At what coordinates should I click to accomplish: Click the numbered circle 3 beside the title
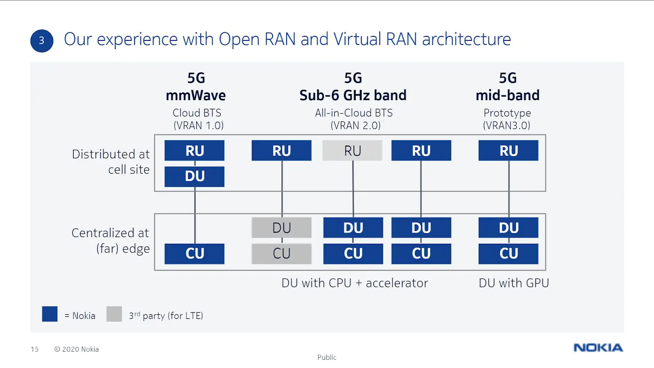pos(42,41)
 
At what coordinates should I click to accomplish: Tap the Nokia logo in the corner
pos(598,348)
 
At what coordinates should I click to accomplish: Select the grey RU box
pos(352,150)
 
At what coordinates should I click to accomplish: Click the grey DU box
pos(282,227)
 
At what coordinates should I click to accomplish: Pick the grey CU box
pos(282,254)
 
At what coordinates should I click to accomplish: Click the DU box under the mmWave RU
pos(195,176)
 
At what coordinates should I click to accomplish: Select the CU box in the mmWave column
pos(195,254)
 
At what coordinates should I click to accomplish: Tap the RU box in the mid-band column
pos(508,150)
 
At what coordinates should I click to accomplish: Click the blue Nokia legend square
pos(50,314)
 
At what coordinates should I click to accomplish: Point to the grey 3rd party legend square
pos(114,314)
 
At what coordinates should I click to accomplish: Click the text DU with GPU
pos(514,283)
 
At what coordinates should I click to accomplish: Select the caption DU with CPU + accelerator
pos(355,283)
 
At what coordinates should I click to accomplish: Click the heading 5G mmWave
pos(196,87)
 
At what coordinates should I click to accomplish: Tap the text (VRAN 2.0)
pos(355,126)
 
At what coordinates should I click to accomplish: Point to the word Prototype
pos(507,113)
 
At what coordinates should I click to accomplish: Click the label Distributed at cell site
pos(111,162)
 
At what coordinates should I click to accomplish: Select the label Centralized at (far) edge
pos(111,240)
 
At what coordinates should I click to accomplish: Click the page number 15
pos(35,349)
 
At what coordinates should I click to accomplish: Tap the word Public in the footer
pos(327,357)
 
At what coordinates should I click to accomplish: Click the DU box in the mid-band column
pos(508,227)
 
